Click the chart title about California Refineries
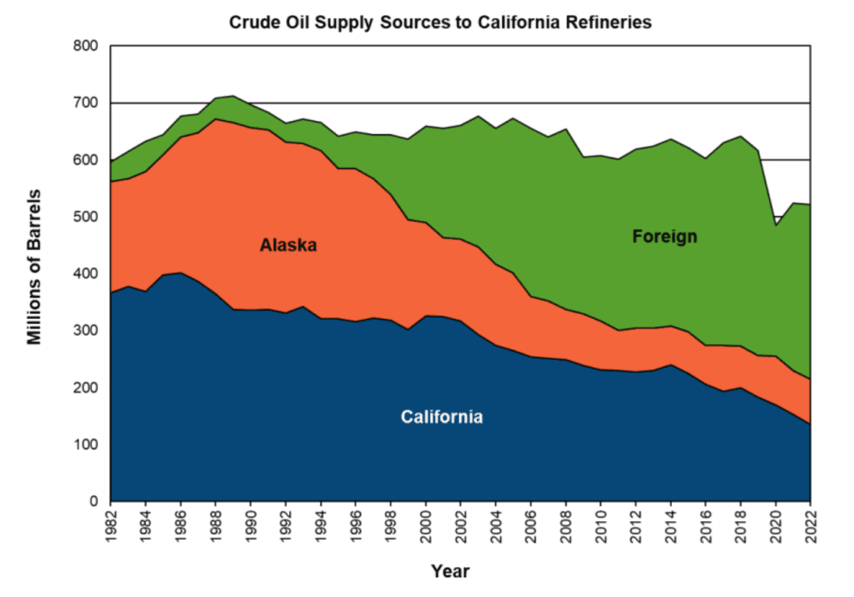440,23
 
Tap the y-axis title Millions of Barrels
34,266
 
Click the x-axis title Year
450,571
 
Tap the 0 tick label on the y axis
94,502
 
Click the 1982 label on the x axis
110,525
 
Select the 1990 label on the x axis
251,525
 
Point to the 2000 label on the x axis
426,525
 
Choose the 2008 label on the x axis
566,525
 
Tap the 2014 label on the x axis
670,525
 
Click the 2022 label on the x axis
811,525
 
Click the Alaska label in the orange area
288,246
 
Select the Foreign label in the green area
665,237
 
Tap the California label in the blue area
441,417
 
